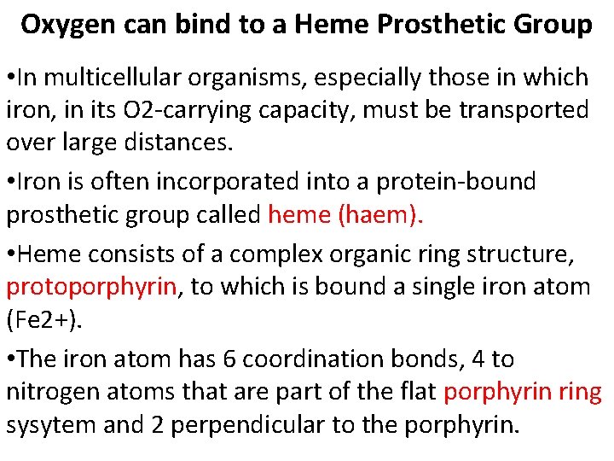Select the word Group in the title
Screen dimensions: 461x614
click(555, 25)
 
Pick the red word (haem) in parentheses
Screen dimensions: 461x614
click(380, 215)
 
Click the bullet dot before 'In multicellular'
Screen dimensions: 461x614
click(10, 78)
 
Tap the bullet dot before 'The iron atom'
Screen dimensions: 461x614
click(10, 359)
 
